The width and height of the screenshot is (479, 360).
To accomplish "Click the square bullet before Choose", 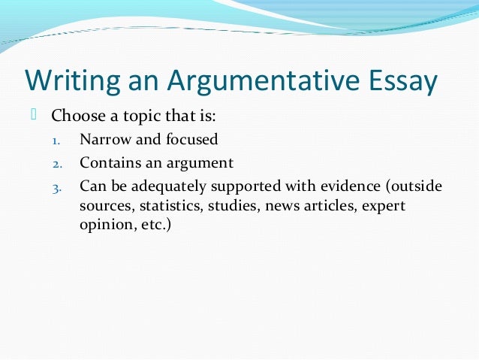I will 34,115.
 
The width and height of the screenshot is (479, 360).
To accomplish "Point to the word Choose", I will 78,117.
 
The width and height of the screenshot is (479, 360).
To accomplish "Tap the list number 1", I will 56,141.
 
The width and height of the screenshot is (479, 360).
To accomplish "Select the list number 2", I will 56,163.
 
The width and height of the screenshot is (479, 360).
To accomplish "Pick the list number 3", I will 56,187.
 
